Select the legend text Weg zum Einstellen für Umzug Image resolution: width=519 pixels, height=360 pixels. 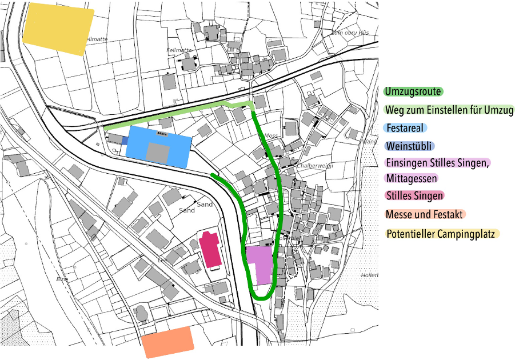449,110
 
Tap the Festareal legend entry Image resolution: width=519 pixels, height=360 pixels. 405,128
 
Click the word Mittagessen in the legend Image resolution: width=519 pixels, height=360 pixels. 412,178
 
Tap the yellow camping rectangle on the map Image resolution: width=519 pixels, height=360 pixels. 58,29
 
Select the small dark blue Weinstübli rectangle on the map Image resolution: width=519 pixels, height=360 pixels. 125,140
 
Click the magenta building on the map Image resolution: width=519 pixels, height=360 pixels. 209,250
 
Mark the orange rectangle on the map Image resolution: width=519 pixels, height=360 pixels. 167,342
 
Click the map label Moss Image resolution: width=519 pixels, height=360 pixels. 271,136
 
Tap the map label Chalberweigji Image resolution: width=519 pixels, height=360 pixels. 314,166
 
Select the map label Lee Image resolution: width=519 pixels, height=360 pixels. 162,260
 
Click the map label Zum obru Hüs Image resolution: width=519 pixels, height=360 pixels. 348,33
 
